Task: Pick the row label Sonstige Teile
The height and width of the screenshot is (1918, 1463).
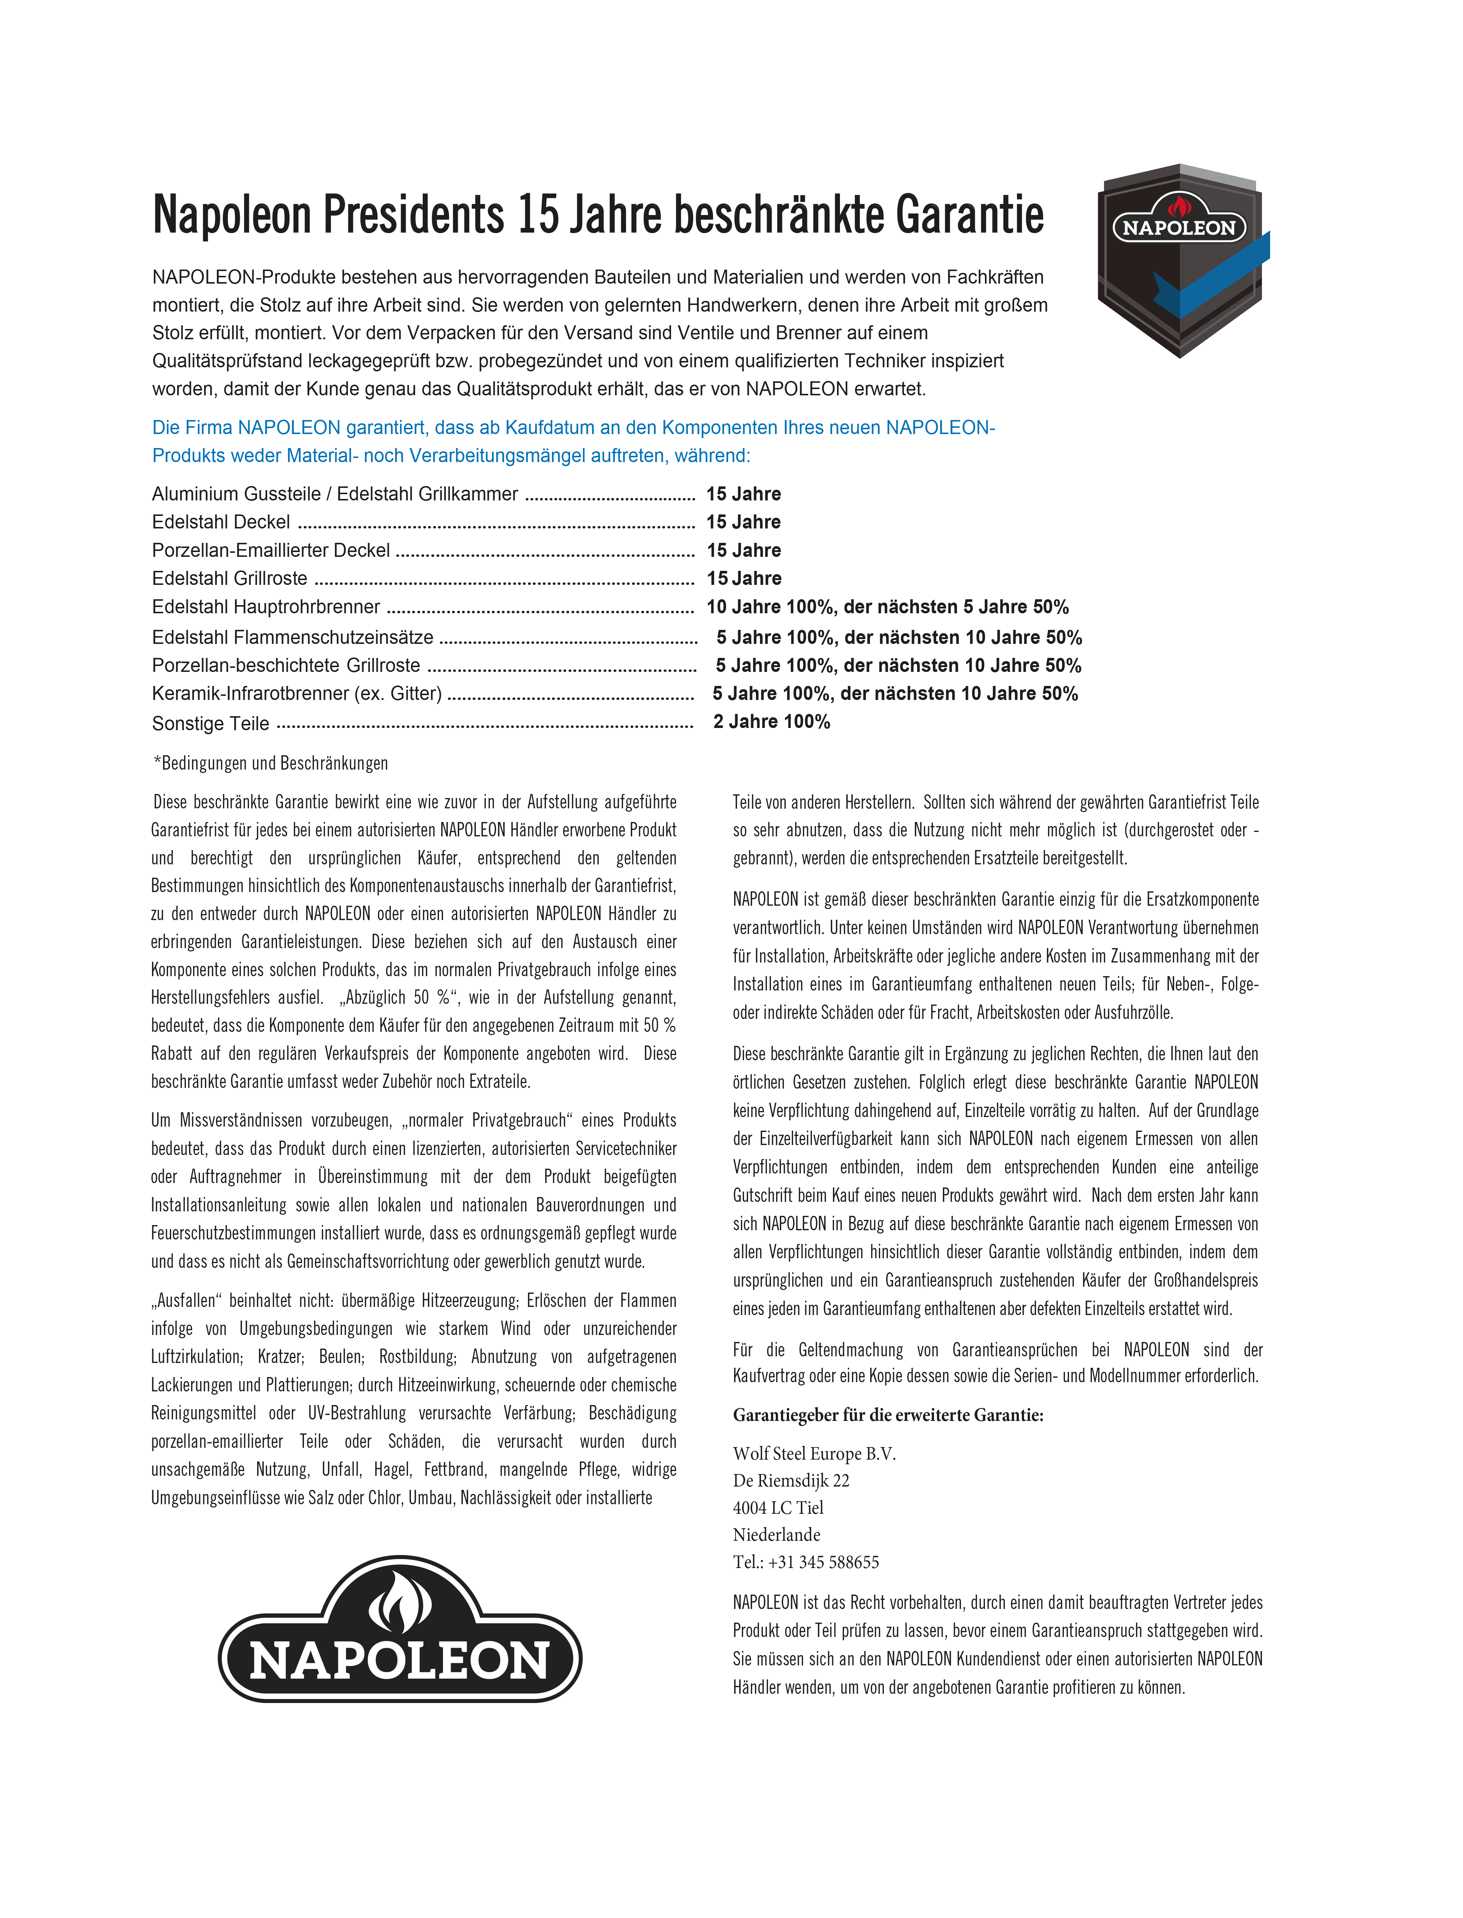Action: pyautogui.click(x=211, y=724)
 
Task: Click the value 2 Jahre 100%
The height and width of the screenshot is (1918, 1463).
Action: pyautogui.click(x=772, y=722)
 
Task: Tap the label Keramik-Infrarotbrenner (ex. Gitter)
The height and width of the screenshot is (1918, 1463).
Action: pyautogui.click(x=297, y=694)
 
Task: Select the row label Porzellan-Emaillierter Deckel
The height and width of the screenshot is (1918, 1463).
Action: pyautogui.click(x=271, y=550)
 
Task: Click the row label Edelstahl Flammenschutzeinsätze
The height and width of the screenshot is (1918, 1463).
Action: pyautogui.click(x=293, y=637)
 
